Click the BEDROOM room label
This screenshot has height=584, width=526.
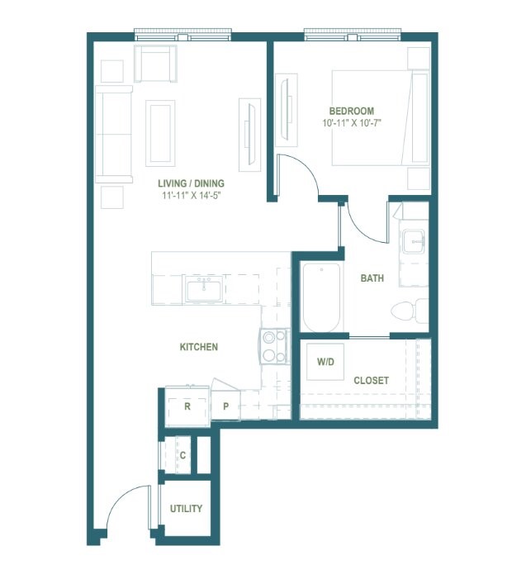point(352,111)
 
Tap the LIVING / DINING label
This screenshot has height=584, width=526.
point(191,183)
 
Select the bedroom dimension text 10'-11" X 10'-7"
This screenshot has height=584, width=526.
point(352,123)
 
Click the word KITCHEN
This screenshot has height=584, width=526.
point(199,347)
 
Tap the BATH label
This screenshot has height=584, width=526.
point(372,278)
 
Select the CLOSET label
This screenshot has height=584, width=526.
point(371,380)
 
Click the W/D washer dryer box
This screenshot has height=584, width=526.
point(325,362)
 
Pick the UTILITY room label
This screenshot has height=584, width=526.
point(186,508)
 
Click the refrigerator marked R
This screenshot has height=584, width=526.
point(187,406)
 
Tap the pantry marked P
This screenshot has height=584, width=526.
point(225,406)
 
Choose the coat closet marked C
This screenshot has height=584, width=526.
point(182,455)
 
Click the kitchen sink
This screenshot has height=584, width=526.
point(204,290)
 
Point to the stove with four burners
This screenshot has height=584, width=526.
point(274,347)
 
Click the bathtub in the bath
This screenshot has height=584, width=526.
point(322,297)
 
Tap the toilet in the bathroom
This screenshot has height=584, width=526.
point(410,311)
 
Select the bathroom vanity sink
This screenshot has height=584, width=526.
point(413,241)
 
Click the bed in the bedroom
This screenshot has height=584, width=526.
point(381,117)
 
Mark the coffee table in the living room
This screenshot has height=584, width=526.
point(160,133)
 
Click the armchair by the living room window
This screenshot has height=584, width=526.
point(155,64)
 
